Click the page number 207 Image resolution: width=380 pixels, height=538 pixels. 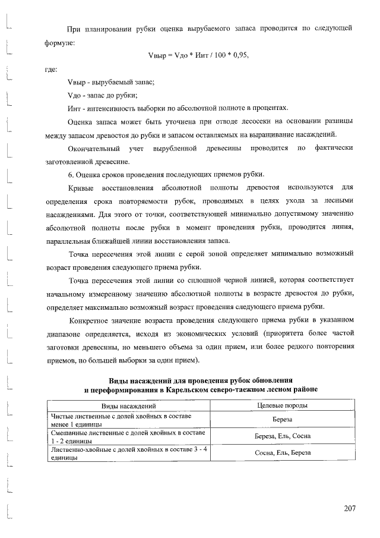349,508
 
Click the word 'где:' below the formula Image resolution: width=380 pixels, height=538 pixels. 52,69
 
